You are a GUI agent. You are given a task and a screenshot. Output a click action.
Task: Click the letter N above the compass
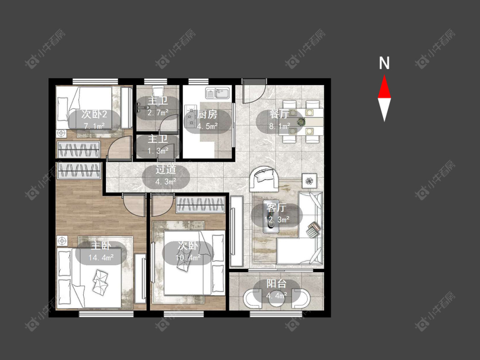click(x=384, y=63)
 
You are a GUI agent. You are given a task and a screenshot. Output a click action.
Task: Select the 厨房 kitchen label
click(x=207, y=114)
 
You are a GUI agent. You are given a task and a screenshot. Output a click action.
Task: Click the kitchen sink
click(x=218, y=93)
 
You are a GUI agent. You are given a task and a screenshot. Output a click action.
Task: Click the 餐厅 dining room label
click(x=279, y=114)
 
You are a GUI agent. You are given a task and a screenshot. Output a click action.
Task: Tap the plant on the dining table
click(x=301, y=122)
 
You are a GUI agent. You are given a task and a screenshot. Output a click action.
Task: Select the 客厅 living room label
click(x=276, y=208)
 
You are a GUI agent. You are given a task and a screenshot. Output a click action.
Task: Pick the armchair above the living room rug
click(x=264, y=178)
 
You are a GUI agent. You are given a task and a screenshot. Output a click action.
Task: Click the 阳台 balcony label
click(x=276, y=284)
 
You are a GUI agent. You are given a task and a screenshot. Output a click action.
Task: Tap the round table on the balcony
click(x=276, y=298)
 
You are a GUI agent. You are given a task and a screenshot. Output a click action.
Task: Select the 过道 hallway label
click(x=166, y=170)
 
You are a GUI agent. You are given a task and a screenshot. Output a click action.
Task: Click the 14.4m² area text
click(x=101, y=258)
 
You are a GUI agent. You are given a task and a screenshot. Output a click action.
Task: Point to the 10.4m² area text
click(x=188, y=258)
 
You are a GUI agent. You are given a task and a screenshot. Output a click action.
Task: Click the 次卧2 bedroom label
click(x=94, y=114)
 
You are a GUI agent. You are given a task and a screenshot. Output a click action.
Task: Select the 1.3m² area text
click(x=158, y=151)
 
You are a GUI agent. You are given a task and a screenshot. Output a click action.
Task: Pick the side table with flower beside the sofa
click(x=310, y=180)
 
